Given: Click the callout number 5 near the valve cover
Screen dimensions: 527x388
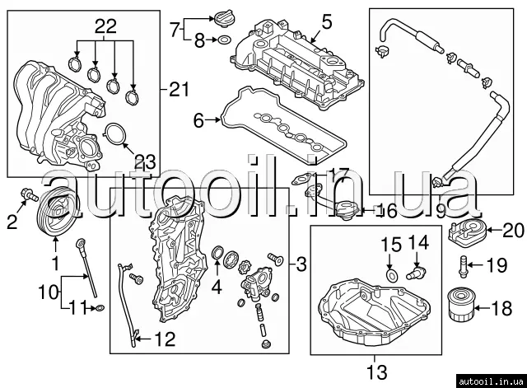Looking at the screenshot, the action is click(326, 21).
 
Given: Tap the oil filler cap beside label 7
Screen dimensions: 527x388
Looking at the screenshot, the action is click(222, 17).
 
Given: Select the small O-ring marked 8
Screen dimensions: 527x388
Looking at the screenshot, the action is click(224, 40).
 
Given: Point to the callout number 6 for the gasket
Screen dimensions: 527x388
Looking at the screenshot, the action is click(198, 120).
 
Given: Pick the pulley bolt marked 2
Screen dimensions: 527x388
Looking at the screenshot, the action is click(30, 194).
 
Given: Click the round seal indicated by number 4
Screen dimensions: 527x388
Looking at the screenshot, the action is click(217, 253).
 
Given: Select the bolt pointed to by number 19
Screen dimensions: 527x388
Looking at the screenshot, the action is click(463, 267).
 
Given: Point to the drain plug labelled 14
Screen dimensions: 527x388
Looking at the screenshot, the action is click(416, 272).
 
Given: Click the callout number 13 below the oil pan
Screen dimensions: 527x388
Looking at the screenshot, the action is click(376, 372).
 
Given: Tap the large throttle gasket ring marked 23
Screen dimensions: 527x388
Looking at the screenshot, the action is click(115, 134).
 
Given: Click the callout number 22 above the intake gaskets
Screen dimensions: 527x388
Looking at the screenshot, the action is click(105, 26).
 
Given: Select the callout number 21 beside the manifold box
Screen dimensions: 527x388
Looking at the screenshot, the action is click(179, 89).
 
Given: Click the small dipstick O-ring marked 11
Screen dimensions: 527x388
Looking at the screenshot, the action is click(100, 307).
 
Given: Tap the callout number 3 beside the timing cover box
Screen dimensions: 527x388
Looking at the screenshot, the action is click(301, 264).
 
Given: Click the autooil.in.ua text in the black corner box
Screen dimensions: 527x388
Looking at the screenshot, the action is click(491, 381).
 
